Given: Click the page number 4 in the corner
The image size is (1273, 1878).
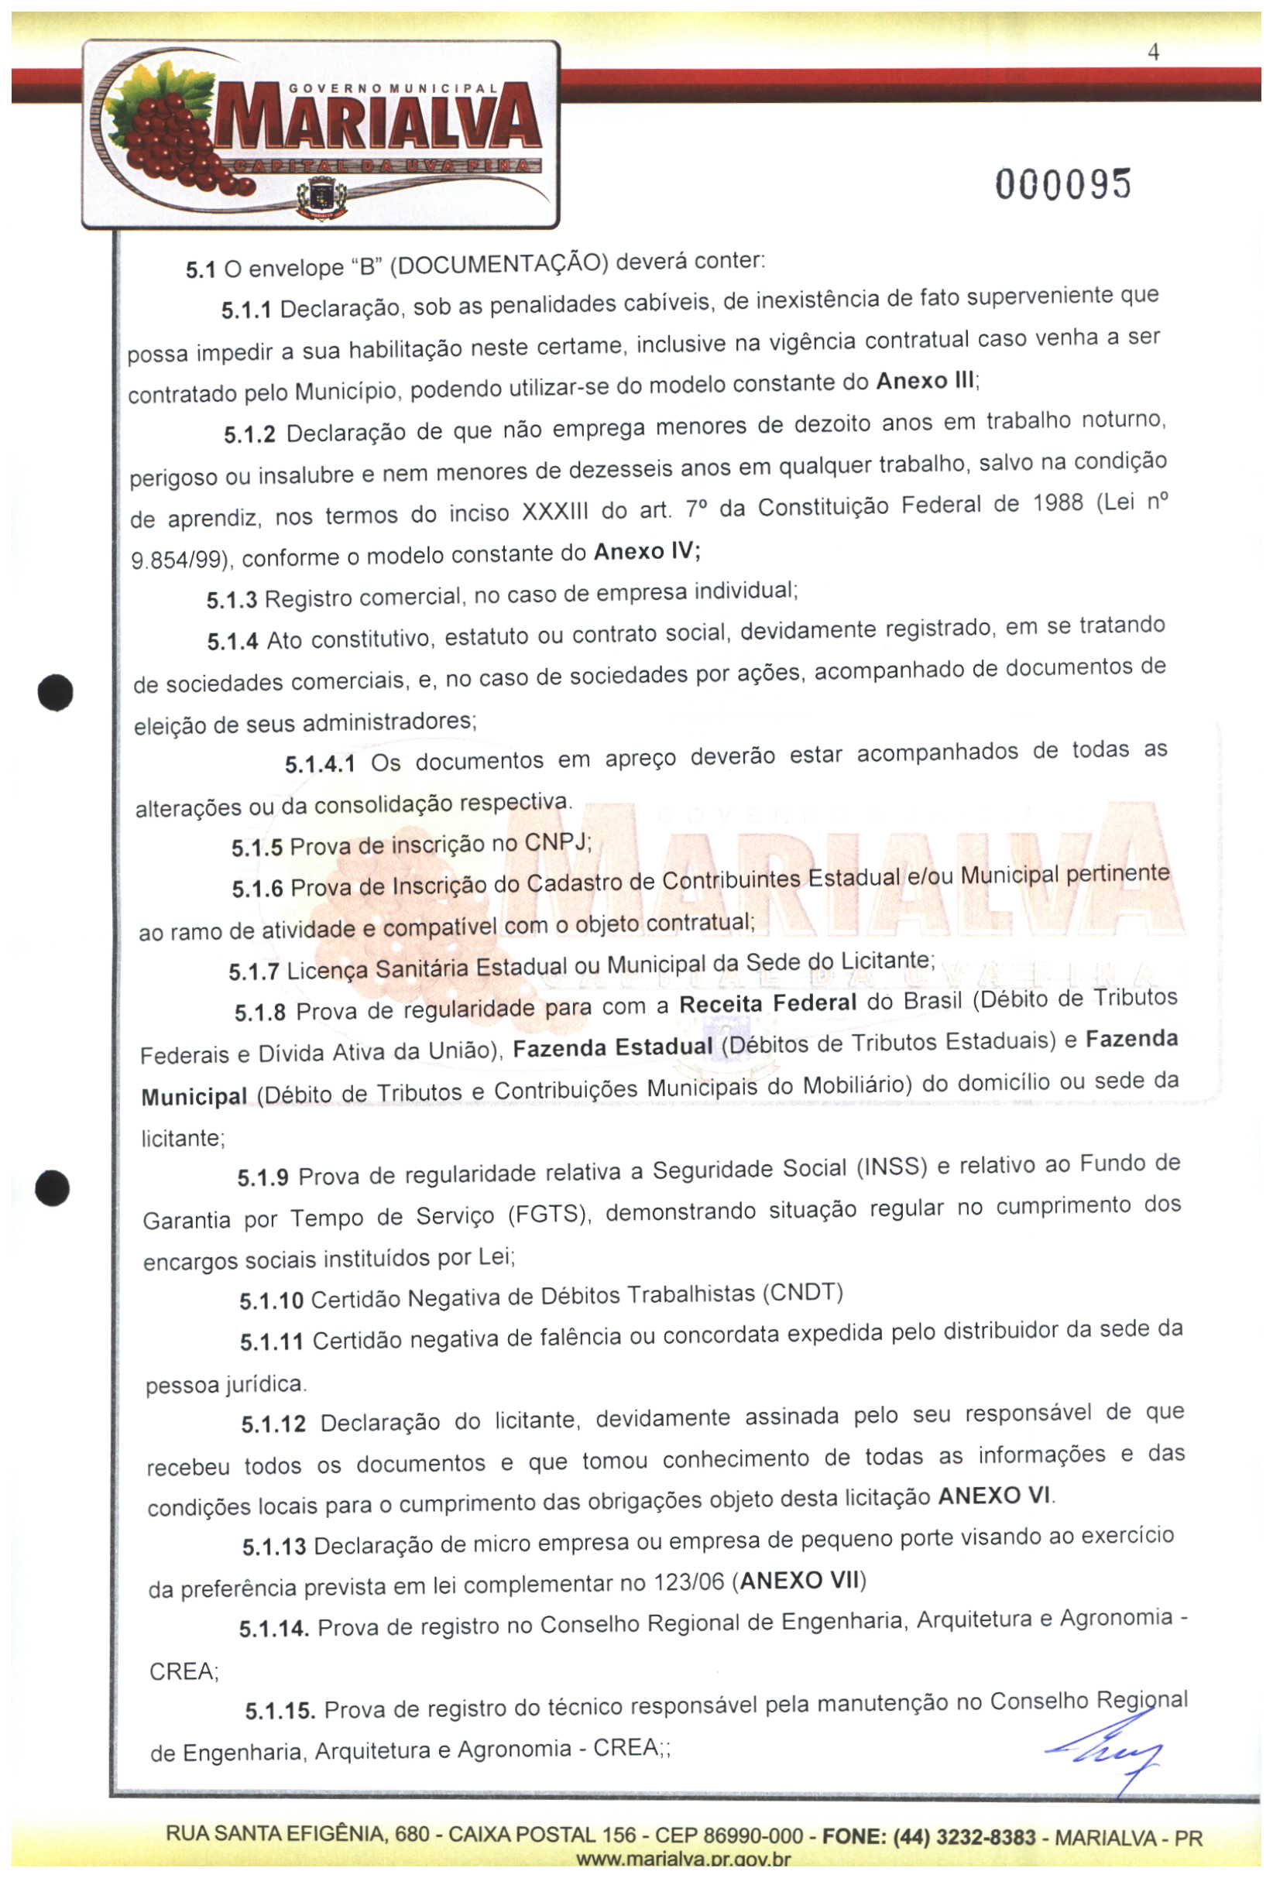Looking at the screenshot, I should click(1154, 53).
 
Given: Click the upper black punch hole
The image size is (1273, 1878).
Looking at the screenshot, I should click(55, 693).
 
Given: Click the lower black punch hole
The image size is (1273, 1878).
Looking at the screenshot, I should click(53, 1188).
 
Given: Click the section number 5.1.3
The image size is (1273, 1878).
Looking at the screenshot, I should click(232, 601).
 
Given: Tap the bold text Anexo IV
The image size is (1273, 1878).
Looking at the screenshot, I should click(646, 552).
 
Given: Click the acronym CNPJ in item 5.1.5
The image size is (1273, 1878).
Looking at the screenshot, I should click(558, 842).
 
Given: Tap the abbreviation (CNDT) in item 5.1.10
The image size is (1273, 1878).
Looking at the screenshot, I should click(803, 1293).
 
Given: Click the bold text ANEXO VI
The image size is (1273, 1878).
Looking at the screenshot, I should click(994, 1496).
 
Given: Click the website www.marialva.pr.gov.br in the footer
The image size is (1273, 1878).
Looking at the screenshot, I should click(683, 1859).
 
